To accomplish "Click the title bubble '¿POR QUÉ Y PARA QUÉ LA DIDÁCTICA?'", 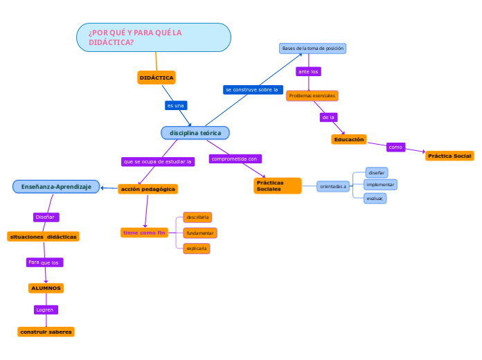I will [x=153, y=37].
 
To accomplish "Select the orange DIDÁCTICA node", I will [x=157, y=78].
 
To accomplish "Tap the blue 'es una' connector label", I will [x=176, y=105].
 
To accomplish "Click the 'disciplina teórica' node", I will [x=195, y=132].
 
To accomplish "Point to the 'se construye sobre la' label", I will [x=253, y=89].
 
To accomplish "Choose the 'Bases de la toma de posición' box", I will [x=312, y=48].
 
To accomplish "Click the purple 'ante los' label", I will [x=308, y=71].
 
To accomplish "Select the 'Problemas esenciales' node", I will [x=312, y=96].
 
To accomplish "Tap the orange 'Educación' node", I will [x=349, y=139].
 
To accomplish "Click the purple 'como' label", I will [x=395, y=147].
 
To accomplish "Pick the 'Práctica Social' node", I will [x=449, y=156].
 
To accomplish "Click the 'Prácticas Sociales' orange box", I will [x=278, y=186].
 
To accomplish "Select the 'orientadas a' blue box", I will [x=333, y=186].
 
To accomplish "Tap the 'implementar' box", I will [x=380, y=185].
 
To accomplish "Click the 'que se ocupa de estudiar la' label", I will [x=158, y=161].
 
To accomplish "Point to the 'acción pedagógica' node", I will [x=148, y=189].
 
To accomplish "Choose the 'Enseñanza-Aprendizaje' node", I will [x=56, y=186].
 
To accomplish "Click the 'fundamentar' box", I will [x=199, y=233].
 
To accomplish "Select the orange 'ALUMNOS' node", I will [x=46, y=288].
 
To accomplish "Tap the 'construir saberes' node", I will [x=46, y=332].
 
